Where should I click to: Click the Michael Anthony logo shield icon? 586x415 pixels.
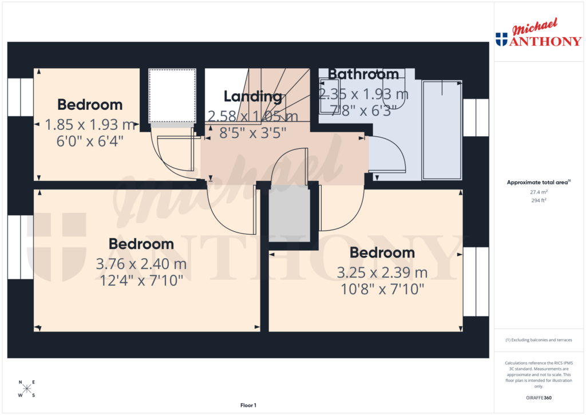pyautogui.click(x=501, y=39)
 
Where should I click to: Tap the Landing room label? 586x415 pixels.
pyautogui.click(x=253, y=96)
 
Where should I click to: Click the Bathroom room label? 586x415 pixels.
pyautogui.click(x=363, y=74)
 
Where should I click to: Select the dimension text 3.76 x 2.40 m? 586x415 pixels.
pyautogui.click(x=141, y=264)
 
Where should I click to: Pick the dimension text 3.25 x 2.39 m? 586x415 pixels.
pyautogui.click(x=382, y=272)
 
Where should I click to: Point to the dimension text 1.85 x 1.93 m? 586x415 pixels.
pyautogui.click(x=90, y=124)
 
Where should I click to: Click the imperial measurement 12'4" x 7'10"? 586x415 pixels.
pyautogui.click(x=141, y=280)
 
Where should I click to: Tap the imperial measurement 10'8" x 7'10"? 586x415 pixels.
pyautogui.click(x=382, y=288)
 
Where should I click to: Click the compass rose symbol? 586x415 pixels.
pyautogui.click(x=26, y=389)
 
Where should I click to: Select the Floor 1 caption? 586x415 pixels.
pyautogui.click(x=248, y=405)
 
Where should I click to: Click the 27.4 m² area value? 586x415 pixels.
pyautogui.click(x=538, y=192)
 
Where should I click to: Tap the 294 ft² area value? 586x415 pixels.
pyautogui.click(x=538, y=200)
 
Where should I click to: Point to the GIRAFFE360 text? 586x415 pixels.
pyautogui.click(x=539, y=397)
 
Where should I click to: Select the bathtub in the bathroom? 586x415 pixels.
pyautogui.click(x=441, y=130)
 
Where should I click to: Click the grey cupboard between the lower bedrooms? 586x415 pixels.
pyautogui.click(x=290, y=215)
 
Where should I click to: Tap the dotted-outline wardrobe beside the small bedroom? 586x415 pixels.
pyautogui.click(x=172, y=96)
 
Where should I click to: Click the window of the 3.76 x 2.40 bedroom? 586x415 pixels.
pyautogui.click(x=21, y=247)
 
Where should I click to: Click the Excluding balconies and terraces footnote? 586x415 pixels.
pyautogui.click(x=539, y=340)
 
